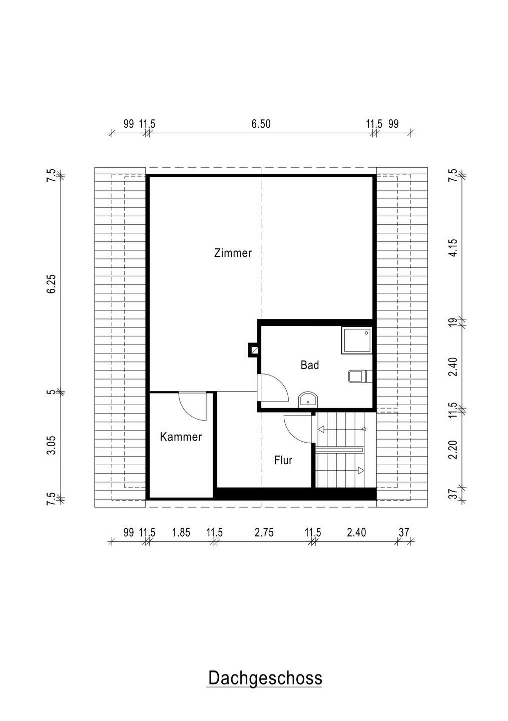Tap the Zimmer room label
pyautogui.click(x=233, y=253)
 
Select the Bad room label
pyautogui.click(x=310, y=365)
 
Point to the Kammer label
pyautogui.click(x=181, y=437)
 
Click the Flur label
pyautogui.click(x=283, y=460)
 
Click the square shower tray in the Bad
pyautogui.click(x=356, y=340)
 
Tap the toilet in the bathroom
pyautogui.click(x=360, y=377)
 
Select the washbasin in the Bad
pyautogui.click(x=308, y=400)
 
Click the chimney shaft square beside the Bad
pyautogui.click(x=253, y=350)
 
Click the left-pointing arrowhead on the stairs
pyautogui.click(x=321, y=429)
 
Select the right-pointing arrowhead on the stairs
pyautogui.click(x=361, y=471)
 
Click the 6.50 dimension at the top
pyautogui.click(x=261, y=124)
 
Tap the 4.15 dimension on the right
pyautogui.click(x=453, y=247)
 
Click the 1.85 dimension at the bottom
pyautogui.click(x=181, y=532)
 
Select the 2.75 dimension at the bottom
pyautogui.click(x=264, y=532)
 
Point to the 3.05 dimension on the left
pyautogui.click(x=52, y=445)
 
